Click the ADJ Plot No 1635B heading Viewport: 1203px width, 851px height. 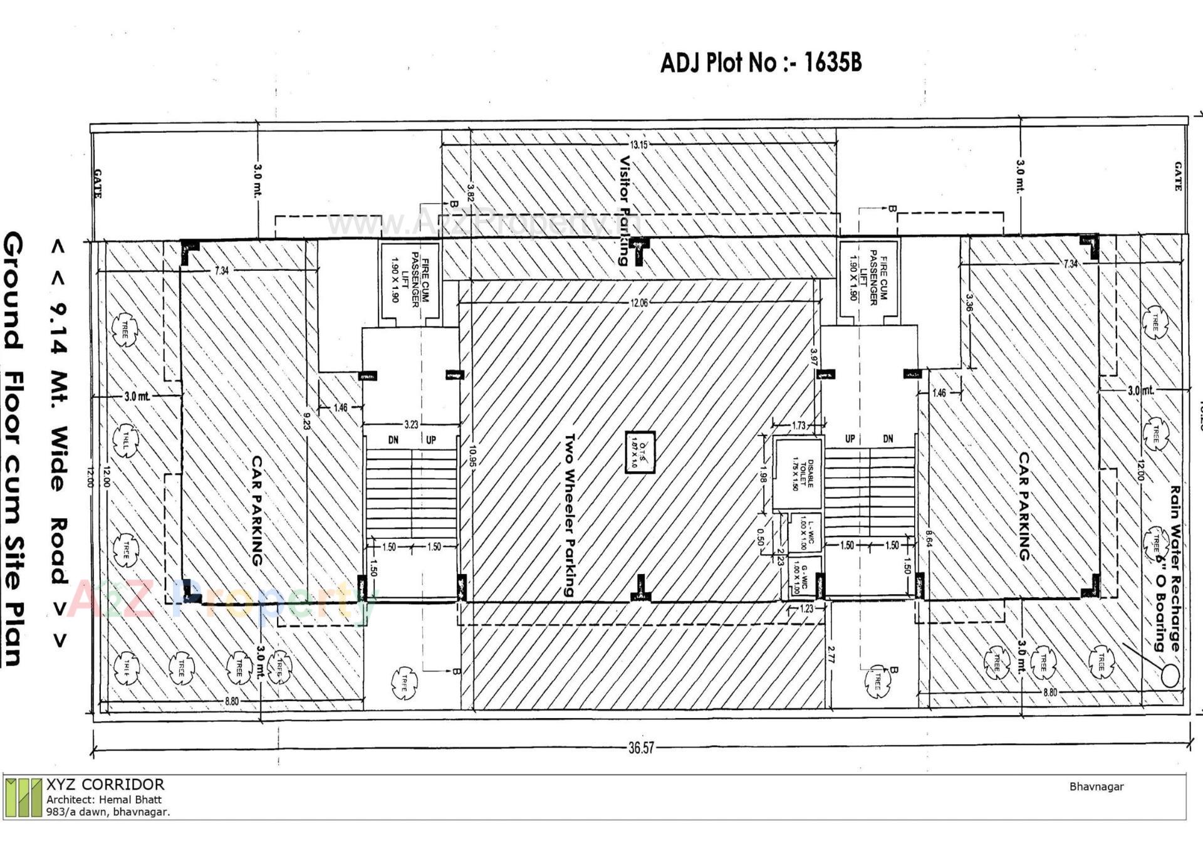[x=761, y=63]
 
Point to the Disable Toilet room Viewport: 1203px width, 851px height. [x=797, y=474]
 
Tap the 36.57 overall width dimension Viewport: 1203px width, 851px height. [x=641, y=748]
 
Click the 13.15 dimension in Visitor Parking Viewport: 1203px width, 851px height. [x=638, y=145]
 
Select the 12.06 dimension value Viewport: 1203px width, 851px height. [x=639, y=303]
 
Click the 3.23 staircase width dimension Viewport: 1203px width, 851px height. [x=410, y=424]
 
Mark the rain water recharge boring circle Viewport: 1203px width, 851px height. [x=1169, y=676]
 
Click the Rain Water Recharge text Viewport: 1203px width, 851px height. [x=1174, y=567]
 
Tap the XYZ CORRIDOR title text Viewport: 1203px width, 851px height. [x=105, y=785]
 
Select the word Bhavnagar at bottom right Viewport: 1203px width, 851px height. [x=1096, y=786]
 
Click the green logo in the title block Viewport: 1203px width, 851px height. [x=24, y=797]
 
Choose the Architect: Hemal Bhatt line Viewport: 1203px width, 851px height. [x=104, y=800]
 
